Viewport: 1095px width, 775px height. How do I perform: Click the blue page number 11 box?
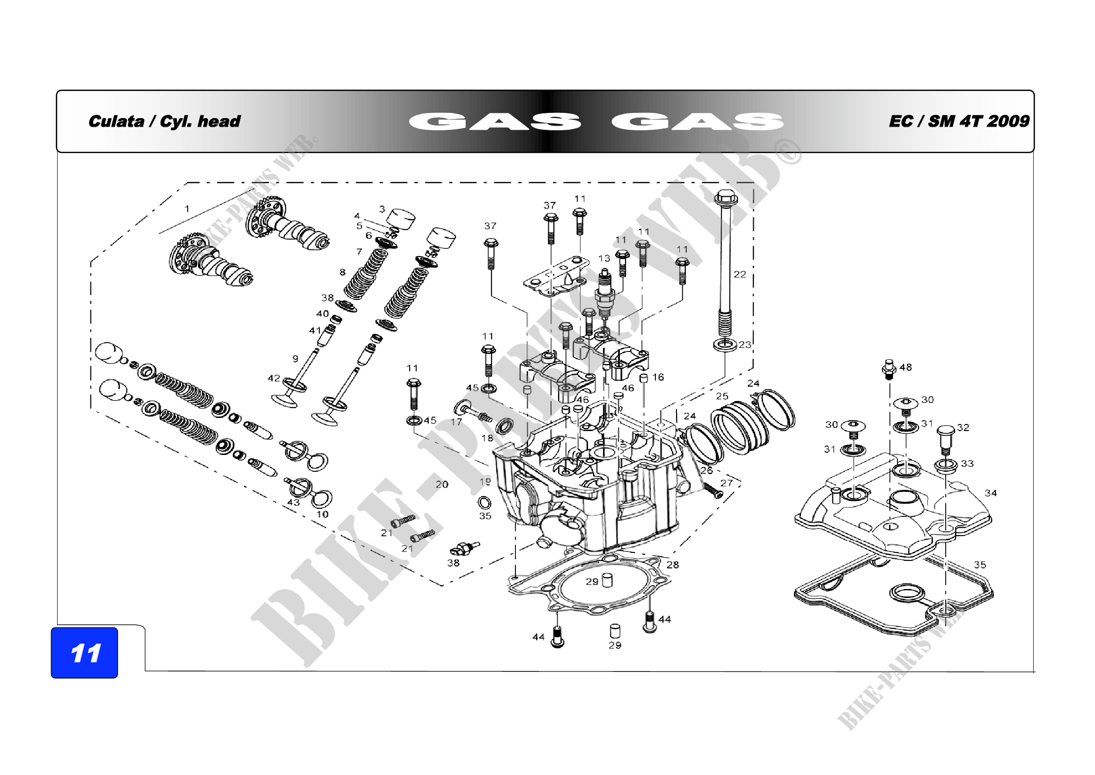[x=84, y=652]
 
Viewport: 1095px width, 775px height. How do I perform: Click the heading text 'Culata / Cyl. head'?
[x=164, y=121]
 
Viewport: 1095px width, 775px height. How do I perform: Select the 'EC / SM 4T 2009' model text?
[x=959, y=121]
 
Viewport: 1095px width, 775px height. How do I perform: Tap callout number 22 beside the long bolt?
[x=740, y=275]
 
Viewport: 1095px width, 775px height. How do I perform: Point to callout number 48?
[x=905, y=367]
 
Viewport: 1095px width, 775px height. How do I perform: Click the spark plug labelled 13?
[x=604, y=293]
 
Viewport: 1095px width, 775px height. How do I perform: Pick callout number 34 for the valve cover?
[x=991, y=493]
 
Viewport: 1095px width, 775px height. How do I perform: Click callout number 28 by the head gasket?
[x=672, y=565]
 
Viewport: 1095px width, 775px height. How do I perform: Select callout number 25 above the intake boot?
[x=722, y=396]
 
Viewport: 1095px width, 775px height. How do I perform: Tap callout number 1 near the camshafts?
[x=187, y=209]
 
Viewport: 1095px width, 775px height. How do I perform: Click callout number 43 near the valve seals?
[x=294, y=502]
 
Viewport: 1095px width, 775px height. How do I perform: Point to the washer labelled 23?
[x=724, y=344]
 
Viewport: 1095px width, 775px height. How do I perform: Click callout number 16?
[x=658, y=378]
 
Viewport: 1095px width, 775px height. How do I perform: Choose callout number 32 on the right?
[x=963, y=428]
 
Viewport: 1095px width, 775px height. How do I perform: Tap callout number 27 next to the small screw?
[x=727, y=483]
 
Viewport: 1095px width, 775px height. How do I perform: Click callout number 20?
[x=442, y=484]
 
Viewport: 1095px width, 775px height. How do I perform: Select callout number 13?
[x=604, y=259]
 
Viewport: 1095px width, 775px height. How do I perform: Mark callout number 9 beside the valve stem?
[x=295, y=358]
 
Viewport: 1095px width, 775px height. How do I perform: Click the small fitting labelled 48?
[x=889, y=369]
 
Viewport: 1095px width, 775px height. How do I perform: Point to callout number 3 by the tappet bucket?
[x=382, y=209]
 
